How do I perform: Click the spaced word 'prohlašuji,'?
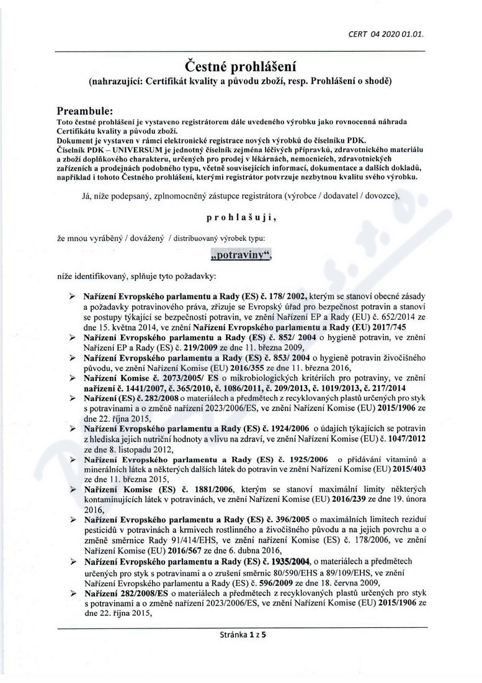coord(241,218)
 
